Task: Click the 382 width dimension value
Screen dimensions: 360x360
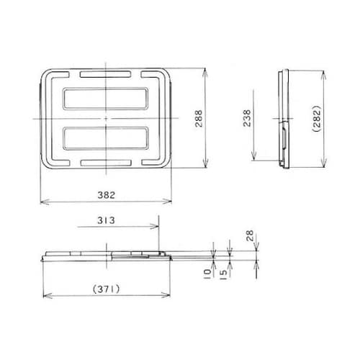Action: pos(105,194)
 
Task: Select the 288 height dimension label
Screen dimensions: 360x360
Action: pos(199,119)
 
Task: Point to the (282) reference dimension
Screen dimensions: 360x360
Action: pos(325,119)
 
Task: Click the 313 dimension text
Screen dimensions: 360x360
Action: pos(105,219)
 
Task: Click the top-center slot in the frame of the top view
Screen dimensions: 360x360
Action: pos(105,74)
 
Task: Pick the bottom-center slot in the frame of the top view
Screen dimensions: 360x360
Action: pos(105,163)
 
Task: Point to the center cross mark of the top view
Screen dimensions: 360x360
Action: pos(105,118)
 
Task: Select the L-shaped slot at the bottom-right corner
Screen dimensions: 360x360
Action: pos(158,158)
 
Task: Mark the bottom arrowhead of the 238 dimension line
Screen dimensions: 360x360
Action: pos(253,158)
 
